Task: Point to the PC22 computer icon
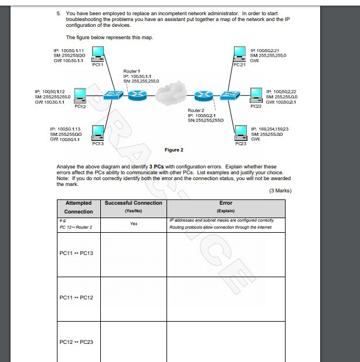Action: pos(256,95)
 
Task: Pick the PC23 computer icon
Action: pos(240,132)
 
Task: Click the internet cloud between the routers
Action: pos(174,94)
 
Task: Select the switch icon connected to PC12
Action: pos(111,95)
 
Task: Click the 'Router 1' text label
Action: pos(131,71)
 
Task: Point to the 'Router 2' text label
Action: pos(196,110)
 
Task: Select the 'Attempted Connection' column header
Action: pos(78,207)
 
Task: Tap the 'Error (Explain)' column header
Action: pos(225,206)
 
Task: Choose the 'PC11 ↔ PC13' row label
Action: pos(76,253)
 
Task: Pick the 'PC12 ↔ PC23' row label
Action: pos(76,342)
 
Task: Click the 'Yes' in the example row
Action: pos(133,223)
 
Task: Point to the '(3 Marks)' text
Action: pos(280,190)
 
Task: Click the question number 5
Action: pos(58,12)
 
